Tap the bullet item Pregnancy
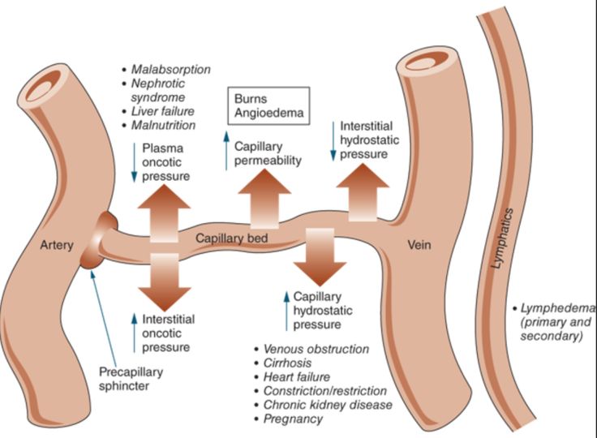293,419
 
